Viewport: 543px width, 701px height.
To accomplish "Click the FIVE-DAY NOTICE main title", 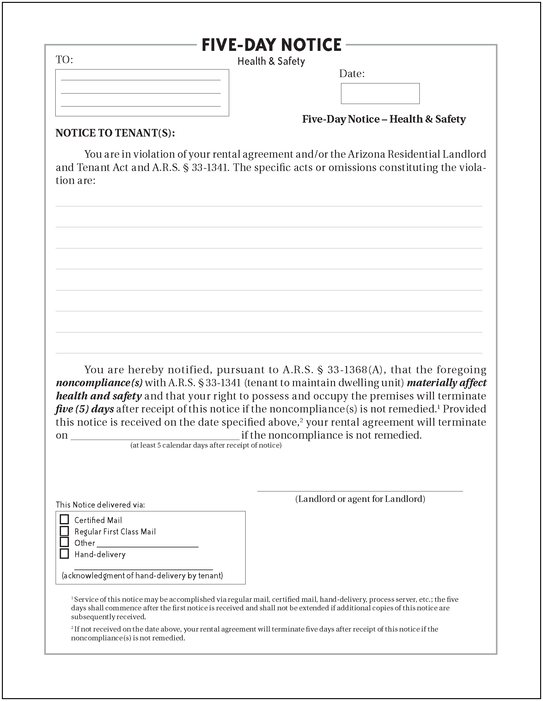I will point(271,45).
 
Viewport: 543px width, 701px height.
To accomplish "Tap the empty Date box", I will point(380,94).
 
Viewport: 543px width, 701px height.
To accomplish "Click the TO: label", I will point(64,60).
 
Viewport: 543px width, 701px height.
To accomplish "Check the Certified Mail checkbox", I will point(64,520).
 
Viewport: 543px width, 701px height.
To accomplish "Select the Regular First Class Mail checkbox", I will point(64,531).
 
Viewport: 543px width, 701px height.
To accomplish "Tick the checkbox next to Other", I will point(64,542).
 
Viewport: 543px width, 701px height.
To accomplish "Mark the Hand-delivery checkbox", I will point(64,554).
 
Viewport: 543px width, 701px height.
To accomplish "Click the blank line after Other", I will point(147,546).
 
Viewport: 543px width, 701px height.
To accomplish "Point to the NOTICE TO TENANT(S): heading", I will point(115,133).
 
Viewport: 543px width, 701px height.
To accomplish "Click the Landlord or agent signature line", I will point(360,490).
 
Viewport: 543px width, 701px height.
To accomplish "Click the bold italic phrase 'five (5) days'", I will point(85,409).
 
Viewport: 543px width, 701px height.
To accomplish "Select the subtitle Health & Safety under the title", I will point(271,61).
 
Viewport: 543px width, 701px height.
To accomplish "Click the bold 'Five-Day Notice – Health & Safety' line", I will point(384,119).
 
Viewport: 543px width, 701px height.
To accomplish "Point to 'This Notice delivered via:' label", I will point(100,505).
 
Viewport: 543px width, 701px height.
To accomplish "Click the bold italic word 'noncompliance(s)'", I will point(99,383).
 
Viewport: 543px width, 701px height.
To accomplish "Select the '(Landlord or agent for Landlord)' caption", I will point(360,499).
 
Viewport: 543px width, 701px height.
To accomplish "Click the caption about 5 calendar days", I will point(206,446).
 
